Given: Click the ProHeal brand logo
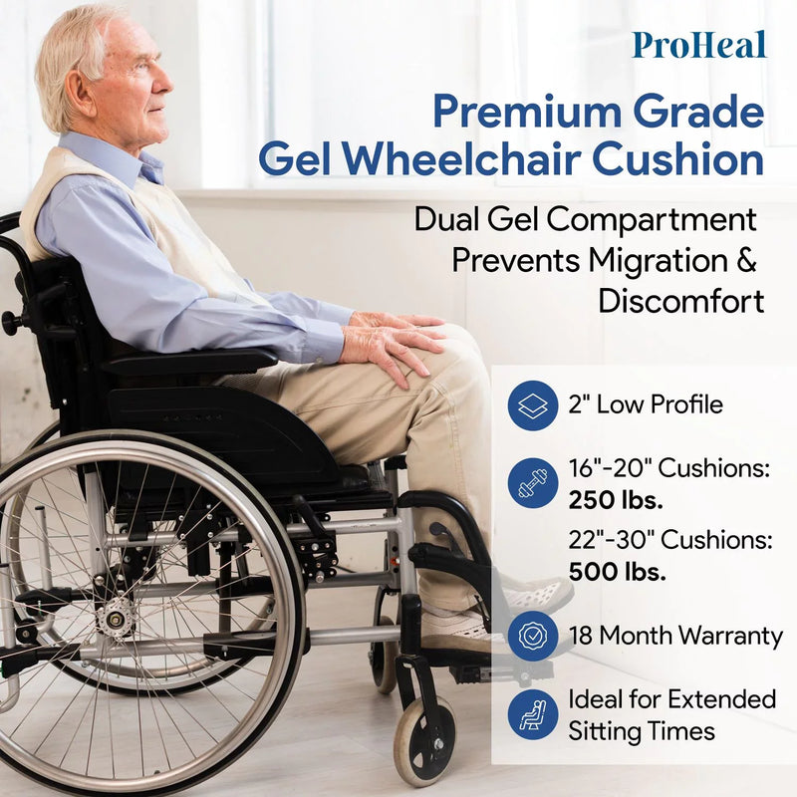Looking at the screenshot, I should click(698, 45).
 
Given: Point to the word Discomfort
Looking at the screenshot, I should click(681, 301).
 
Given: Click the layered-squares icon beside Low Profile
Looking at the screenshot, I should click(532, 405).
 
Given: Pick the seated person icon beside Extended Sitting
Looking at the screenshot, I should click(532, 714).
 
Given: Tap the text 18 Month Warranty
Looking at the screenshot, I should click(675, 636).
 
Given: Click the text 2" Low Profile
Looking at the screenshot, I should click(646, 405).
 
